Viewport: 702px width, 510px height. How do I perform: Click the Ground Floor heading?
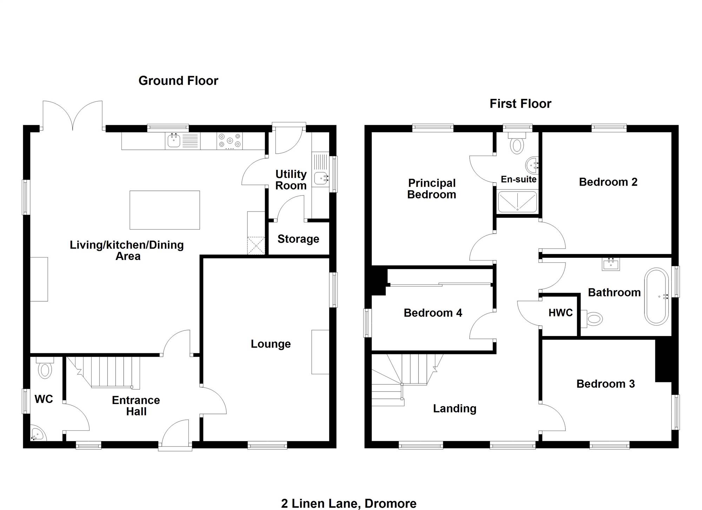point(178,81)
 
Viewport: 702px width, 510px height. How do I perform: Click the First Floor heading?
point(520,104)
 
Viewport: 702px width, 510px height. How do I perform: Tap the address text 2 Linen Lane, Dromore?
point(349,503)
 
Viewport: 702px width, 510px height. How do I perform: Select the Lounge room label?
point(271,344)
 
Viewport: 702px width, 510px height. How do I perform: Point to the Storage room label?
point(298,239)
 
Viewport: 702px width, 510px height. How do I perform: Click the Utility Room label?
point(291,180)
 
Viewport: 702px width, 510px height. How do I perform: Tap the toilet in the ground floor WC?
point(45,368)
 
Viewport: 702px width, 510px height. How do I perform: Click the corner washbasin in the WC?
point(37,434)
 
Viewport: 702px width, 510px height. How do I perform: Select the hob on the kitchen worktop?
point(230,141)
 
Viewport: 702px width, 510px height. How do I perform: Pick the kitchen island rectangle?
point(165,210)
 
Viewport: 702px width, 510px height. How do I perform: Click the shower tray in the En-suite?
point(517,202)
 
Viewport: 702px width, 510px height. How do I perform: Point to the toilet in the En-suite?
point(517,144)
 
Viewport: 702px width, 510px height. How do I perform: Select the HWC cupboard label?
point(561,313)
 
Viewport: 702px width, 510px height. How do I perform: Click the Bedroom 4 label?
point(433,313)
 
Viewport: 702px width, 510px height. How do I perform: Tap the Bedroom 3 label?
point(605,384)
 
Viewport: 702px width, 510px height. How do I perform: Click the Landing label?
point(455,409)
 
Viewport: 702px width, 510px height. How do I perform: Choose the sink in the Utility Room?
point(321,178)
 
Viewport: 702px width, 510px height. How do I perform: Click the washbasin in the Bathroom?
point(611,264)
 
